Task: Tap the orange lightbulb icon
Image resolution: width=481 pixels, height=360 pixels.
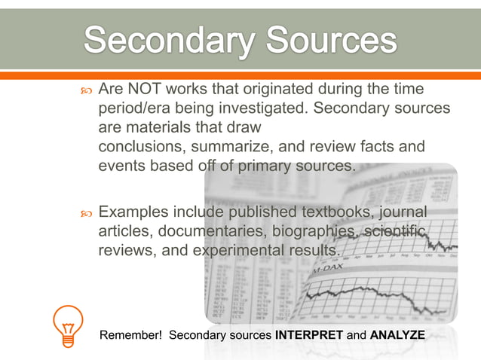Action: click(66, 325)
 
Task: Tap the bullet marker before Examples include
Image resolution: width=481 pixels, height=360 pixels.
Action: click(84, 213)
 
